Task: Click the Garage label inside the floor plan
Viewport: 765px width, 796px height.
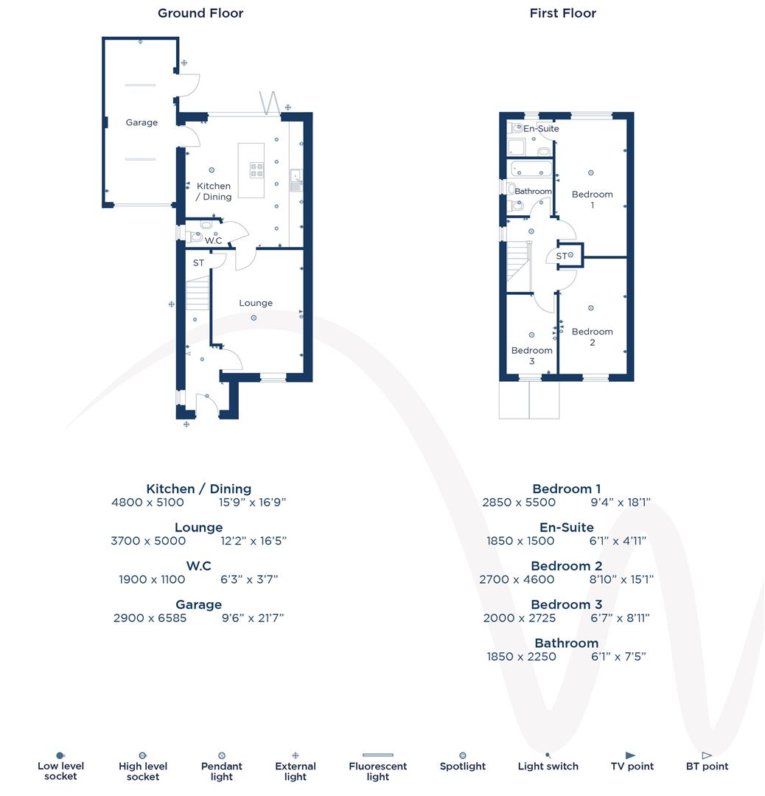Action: [142, 122]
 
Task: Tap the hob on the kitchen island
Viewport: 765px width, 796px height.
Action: [257, 170]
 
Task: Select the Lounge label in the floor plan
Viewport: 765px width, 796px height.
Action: [256, 303]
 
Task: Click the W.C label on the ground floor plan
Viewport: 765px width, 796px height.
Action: [214, 241]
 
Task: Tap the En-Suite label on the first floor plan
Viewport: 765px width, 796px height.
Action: [542, 129]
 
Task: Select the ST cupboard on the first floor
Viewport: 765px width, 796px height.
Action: [569, 255]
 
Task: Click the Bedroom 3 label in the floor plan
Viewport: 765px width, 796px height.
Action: [531, 355]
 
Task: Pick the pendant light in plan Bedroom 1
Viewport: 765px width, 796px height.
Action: [591, 172]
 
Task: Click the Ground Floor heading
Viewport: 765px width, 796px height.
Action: [200, 13]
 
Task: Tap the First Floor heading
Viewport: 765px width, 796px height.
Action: [563, 13]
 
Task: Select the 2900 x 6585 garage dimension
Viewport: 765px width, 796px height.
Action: [150, 618]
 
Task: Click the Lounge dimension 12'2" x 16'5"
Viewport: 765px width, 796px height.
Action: [254, 541]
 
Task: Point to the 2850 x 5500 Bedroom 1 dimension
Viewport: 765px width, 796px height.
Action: [519, 503]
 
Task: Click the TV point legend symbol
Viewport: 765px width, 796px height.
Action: [631, 755]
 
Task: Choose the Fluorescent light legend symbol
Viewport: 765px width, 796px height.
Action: [377, 755]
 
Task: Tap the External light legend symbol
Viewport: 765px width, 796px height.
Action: [296, 755]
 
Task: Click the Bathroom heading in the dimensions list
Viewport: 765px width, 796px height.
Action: [566, 643]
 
